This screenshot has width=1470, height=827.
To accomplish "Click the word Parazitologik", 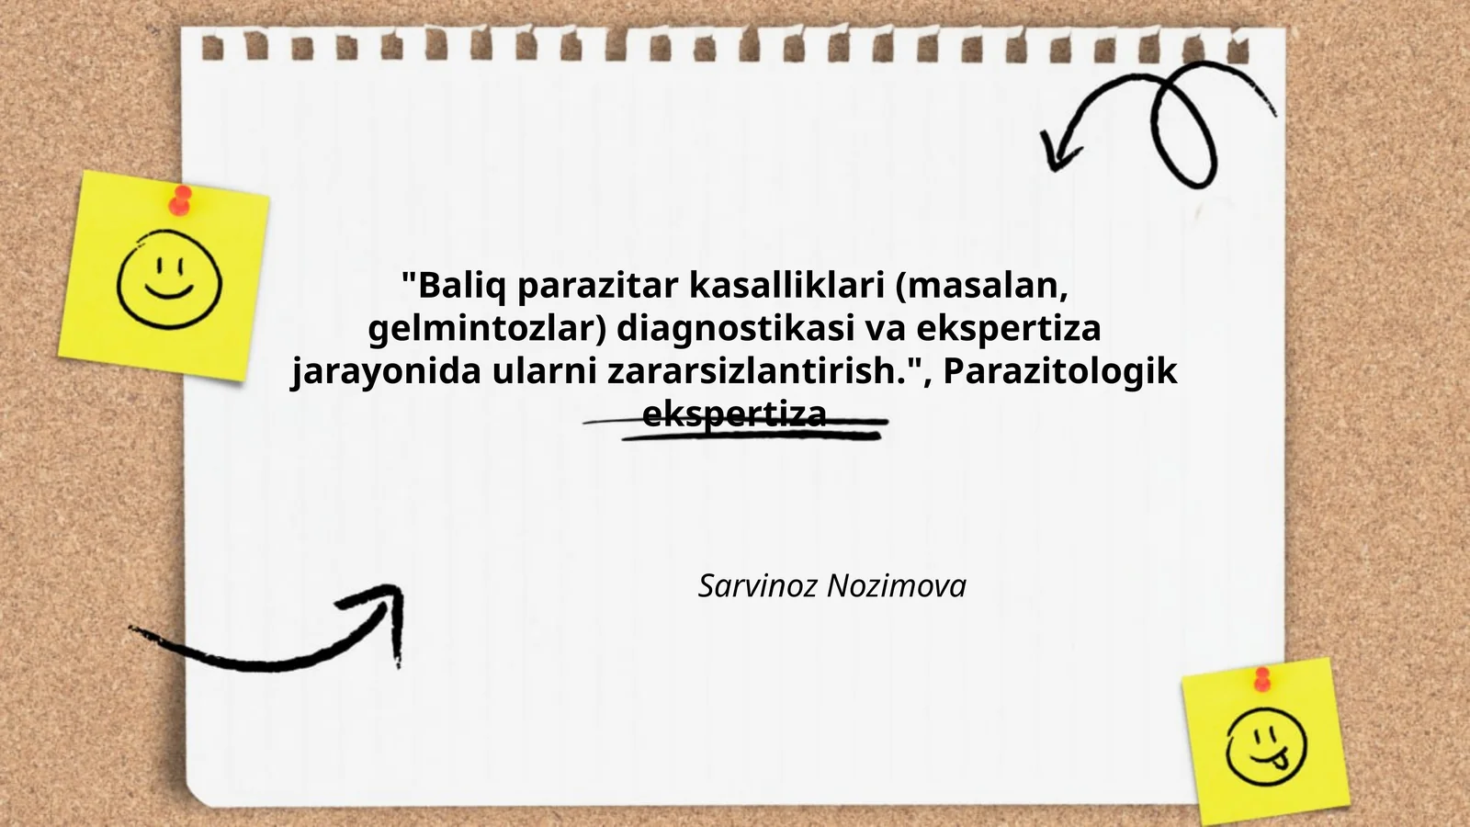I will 1060,371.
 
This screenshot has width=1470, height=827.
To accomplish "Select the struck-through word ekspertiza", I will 734,414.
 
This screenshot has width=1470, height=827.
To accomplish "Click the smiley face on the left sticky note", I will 169,279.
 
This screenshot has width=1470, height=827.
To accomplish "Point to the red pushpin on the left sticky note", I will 181,199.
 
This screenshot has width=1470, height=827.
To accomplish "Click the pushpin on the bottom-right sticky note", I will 1262,679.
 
